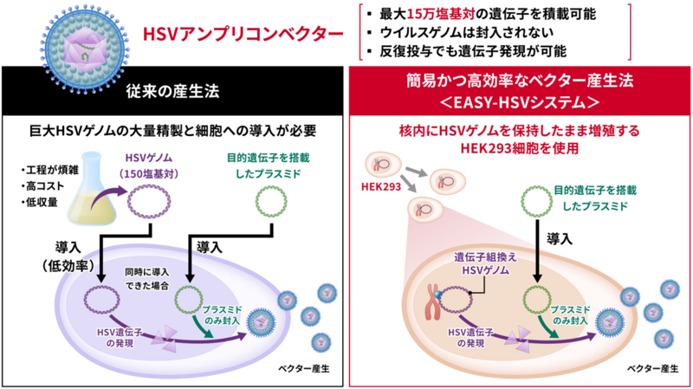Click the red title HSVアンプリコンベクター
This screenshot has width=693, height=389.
pyautogui.click(x=243, y=34)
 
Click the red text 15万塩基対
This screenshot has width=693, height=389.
pyautogui.click(x=440, y=14)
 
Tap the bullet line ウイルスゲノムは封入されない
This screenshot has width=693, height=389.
pyautogui.click(x=466, y=33)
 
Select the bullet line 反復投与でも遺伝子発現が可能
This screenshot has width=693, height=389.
pyautogui.click(x=472, y=51)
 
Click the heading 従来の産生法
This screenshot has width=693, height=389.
pyautogui.click(x=172, y=91)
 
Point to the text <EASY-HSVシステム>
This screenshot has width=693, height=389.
pyautogui.click(x=520, y=102)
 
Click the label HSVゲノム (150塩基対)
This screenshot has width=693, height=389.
pyautogui.click(x=149, y=165)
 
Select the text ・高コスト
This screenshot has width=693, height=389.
pyautogui.click(x=42, y=186)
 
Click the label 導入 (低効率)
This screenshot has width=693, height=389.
pyautogui.click(x=68, y=256)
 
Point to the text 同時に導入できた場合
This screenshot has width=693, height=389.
pyautogui.click(x=146, y=278)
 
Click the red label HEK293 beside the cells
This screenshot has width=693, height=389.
pyautogui.click(x=381, y=186)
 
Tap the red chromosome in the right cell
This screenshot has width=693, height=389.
pyautogui.click(x=433, y=301)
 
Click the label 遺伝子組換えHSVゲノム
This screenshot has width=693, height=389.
pyautogui.click(x=485, y=263)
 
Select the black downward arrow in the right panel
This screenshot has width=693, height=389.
pyautogui.click(x=537, y=251)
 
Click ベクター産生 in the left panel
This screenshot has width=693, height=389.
pyautogui.click(x=304, y=369)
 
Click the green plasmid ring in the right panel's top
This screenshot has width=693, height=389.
pyautogui.click(x=536, y=202)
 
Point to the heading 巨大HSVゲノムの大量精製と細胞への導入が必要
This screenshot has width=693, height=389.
pyautogui.click(x=172, y=131)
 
